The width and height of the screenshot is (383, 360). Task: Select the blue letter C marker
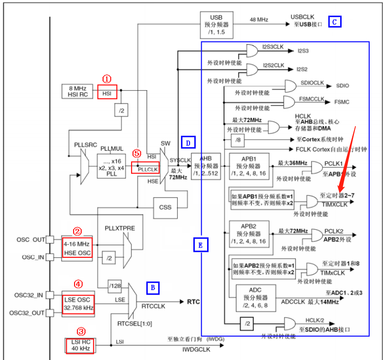334,22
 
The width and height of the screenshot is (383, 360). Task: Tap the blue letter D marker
188,143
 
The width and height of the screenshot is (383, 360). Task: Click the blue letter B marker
153,288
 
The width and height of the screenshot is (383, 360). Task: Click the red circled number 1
107,79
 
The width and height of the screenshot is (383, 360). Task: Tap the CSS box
165,207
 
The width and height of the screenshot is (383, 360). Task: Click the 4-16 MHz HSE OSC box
77,248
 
